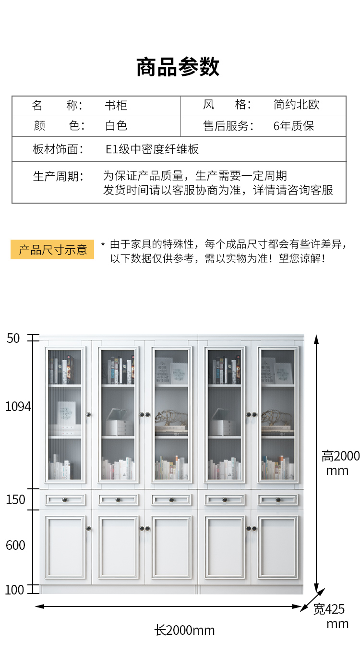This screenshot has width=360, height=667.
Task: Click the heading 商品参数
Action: click(178, 67)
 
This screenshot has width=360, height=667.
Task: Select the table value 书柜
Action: click(116, 106)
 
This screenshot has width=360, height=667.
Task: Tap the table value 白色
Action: click(116, 126)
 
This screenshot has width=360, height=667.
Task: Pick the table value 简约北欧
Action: click(296, 105)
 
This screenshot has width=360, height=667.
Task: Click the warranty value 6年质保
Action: click(294, 126)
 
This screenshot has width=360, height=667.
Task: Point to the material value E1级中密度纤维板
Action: click(152, 149)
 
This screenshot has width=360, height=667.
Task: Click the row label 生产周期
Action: click(58, 176)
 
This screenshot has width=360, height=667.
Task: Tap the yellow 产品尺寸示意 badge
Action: click(52, 250)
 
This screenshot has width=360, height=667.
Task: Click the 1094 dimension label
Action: click(18, 406)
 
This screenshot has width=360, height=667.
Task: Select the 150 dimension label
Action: click(15, 500)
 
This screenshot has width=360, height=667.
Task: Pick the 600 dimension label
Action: click(15, 546)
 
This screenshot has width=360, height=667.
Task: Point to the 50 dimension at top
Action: click(13, 338)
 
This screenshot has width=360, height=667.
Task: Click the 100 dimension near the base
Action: click(14, 590)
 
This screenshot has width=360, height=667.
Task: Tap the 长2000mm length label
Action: click(184, 631)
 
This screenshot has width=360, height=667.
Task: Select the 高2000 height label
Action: click(341, 456)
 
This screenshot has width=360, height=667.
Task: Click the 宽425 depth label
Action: click(329, 609)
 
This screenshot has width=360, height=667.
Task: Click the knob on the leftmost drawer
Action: click(65, 500)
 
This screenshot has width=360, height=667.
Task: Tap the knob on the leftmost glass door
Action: click(88, 414)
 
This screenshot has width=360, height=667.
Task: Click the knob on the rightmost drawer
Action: click(278, 500)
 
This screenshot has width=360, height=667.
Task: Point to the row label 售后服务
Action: click(228, 126)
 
